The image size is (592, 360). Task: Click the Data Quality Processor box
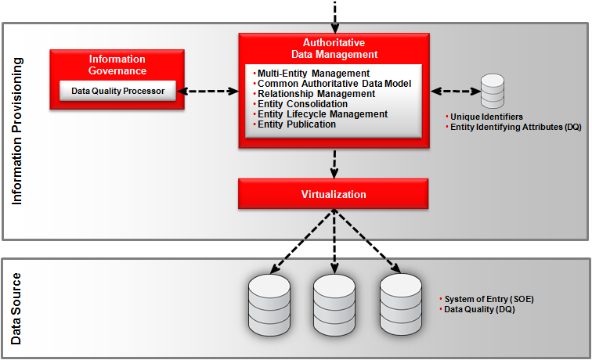[x=117, y=92]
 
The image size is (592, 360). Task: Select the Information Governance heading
[x=117, y=65]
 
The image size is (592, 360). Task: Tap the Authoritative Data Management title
[x=334, y=49]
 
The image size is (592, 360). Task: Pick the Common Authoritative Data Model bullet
[x=334, y=84]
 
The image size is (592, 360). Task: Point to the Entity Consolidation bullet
[x=302, y=104]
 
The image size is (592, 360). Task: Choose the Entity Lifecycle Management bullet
[x=322, y=114]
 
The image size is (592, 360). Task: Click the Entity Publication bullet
[x=297, y=124]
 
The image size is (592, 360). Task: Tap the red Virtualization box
[x=334, y=193]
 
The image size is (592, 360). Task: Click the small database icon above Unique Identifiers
[x=493, y=92]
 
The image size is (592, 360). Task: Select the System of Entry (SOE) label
[x=479, y=300]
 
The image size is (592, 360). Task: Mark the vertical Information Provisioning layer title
[x=17, y=131]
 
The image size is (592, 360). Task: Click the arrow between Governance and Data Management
[x=208, y=92]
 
